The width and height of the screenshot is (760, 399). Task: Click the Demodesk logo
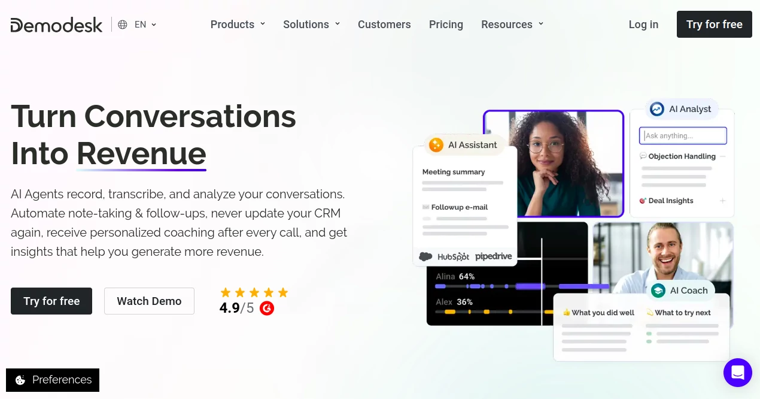(x=57, y=25)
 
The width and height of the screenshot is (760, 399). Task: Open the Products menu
(x=238, y=25)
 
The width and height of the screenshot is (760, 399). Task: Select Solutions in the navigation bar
(x=311, y=25)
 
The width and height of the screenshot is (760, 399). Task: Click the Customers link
(x=384, y=25)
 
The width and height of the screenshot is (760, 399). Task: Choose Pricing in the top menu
(x=446, y=25)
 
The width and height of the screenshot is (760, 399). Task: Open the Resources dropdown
(x=512, y=25)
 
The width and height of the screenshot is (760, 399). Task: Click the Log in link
(x=643, y=25)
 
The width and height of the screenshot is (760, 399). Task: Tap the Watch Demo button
(x=149, y=301)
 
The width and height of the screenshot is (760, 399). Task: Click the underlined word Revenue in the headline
(x=141, y=153)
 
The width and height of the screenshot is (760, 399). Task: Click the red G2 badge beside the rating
(x=267, y=308)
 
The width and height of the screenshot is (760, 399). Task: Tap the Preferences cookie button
(x=53, y=380)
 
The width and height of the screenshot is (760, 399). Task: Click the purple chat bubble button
(x=737, y=373)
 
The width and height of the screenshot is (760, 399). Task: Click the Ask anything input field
(x=683, y=136)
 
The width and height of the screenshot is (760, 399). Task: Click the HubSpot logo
(x=453, y=256)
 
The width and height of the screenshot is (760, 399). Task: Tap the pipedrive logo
(x=494, y=256)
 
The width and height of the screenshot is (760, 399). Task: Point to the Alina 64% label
(x=455, y=277)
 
